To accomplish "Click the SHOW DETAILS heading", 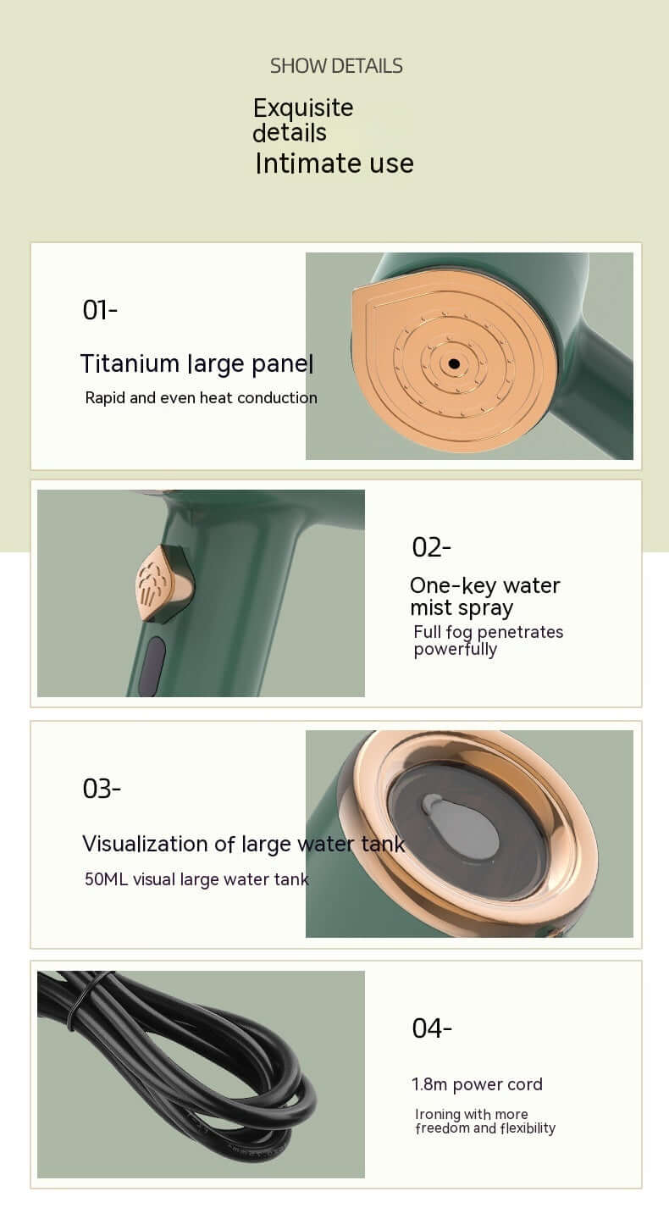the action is pos(336,66).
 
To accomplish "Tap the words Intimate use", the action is pos(334,163).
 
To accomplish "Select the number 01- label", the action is pos(100,310).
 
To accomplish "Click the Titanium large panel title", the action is pos(196,364).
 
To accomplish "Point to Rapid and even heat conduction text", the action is pos(201,398).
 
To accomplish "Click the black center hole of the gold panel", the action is pos(454,364).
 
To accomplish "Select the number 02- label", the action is pos(431,547).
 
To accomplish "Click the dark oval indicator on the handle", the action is pos(152,666).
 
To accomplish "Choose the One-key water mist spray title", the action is pos(485,596).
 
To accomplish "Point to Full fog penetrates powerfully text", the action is pos(489,640).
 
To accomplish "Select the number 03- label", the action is pos(102,789).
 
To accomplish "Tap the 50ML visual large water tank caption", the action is pos(196,879).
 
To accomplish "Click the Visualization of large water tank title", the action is pos(244,844).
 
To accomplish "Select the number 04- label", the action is pos(432,1028).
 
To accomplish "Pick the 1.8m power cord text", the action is pos(477,1084).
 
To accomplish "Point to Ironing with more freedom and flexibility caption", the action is pos(485,1122).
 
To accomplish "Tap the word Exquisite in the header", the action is pos(303,108).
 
